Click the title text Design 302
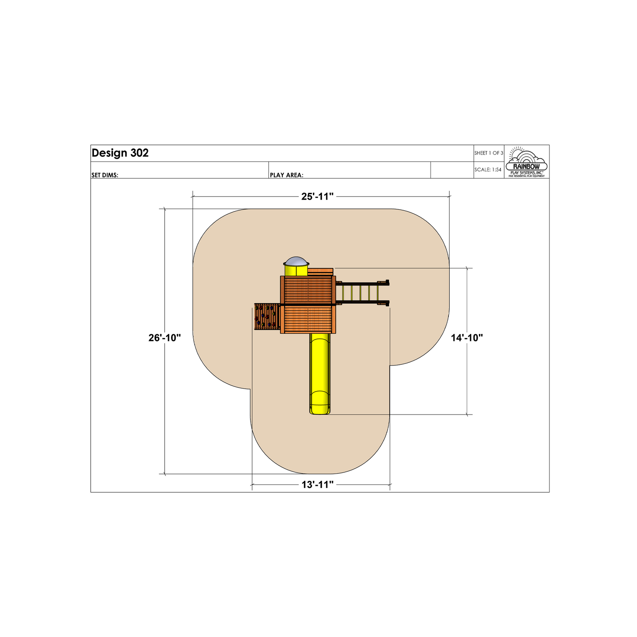pos(120,153)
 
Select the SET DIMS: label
pos(105,175)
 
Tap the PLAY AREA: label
pos(287,175)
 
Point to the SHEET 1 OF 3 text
pos(489,153)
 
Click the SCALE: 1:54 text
pos(488,169)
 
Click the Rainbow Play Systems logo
pos(527,162)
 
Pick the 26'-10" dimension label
pos(165,338)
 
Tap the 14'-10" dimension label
pos(467,338)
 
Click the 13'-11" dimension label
pos(318,485)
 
